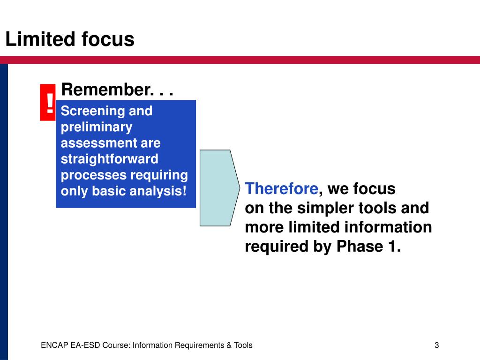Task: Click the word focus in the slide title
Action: pos(108,39)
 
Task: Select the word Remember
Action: pos(106,90)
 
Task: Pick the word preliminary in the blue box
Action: pos(97,127)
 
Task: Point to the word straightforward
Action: pos(109,159)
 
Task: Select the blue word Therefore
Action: pos(282,188)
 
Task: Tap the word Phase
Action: pos(360,247)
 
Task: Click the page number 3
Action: pos(436,345)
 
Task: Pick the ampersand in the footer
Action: pos(229,345)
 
